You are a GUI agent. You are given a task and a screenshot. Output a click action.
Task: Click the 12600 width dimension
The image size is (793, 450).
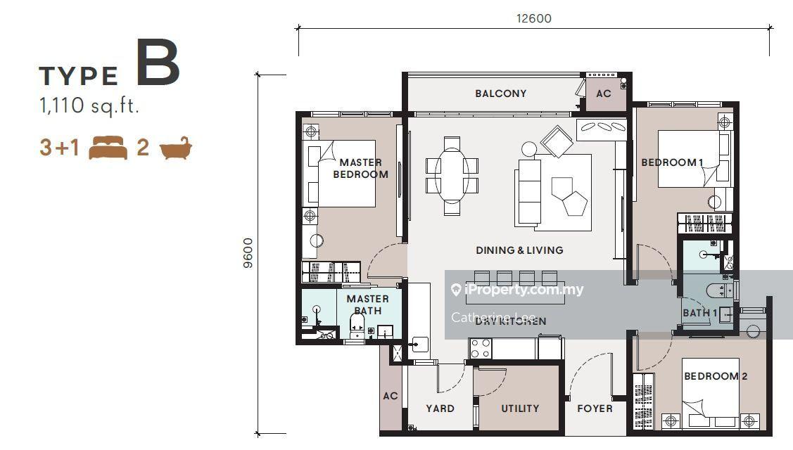[x=533, y=19]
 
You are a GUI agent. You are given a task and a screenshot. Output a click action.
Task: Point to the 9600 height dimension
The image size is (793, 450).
[x=248, y=253]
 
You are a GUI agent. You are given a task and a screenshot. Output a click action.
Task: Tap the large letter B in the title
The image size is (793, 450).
[x=158, y=63]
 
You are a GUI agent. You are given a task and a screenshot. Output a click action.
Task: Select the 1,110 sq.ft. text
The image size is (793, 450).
[x=89, y=106]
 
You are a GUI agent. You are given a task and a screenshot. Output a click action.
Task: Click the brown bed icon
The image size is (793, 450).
[x=108, y=148]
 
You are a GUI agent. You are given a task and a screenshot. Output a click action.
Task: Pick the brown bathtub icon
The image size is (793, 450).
[x=175, y=148]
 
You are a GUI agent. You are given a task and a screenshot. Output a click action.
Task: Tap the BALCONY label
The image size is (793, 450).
[x=501, y=94]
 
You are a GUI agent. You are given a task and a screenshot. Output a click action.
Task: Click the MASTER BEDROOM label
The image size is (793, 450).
[x=360, y=168]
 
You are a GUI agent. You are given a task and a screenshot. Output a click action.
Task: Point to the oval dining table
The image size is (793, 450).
[x=452, y=175]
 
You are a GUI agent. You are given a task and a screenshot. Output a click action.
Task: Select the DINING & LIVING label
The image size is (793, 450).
[x=519, y=250]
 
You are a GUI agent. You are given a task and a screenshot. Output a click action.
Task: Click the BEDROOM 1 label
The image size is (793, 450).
[x=672, y=162]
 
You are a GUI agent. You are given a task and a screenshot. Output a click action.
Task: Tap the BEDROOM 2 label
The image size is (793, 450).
[x=716, y=376]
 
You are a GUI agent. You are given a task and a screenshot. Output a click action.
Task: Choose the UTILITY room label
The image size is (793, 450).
[x=520, y=409]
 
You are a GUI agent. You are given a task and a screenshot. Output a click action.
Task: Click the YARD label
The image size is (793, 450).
[x=440, y=409]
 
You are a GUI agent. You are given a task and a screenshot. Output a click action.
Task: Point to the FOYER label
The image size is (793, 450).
[x=595, y=409]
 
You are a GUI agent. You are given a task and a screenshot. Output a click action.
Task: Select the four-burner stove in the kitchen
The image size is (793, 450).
[x=481, y=348]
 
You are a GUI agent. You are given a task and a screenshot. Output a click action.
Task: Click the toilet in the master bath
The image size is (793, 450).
[x=357, y=325]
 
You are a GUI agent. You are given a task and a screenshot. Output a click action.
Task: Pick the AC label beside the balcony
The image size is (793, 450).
[x=603, y=94]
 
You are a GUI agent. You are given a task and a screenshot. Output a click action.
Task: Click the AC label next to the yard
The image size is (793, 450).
[x=390, y=396]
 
